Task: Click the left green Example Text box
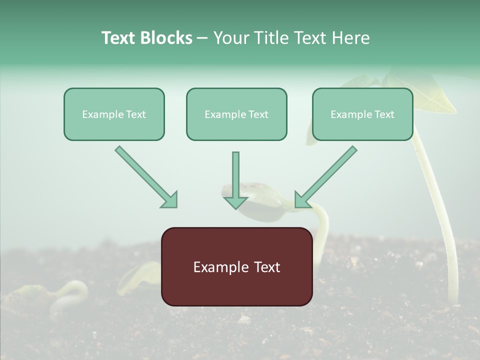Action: [114, 114]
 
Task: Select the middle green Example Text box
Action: [236, 114]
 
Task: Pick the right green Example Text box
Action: [362, 114]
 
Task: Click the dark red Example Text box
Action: [236, 266]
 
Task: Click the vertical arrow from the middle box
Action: [235, 177]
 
